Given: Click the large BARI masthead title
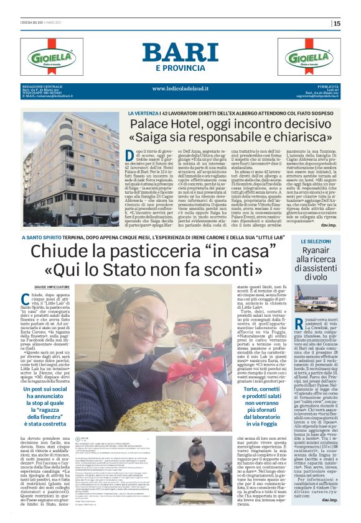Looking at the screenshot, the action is [x=180, y=52].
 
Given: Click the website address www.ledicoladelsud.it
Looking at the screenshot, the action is [x=180, y=88].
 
